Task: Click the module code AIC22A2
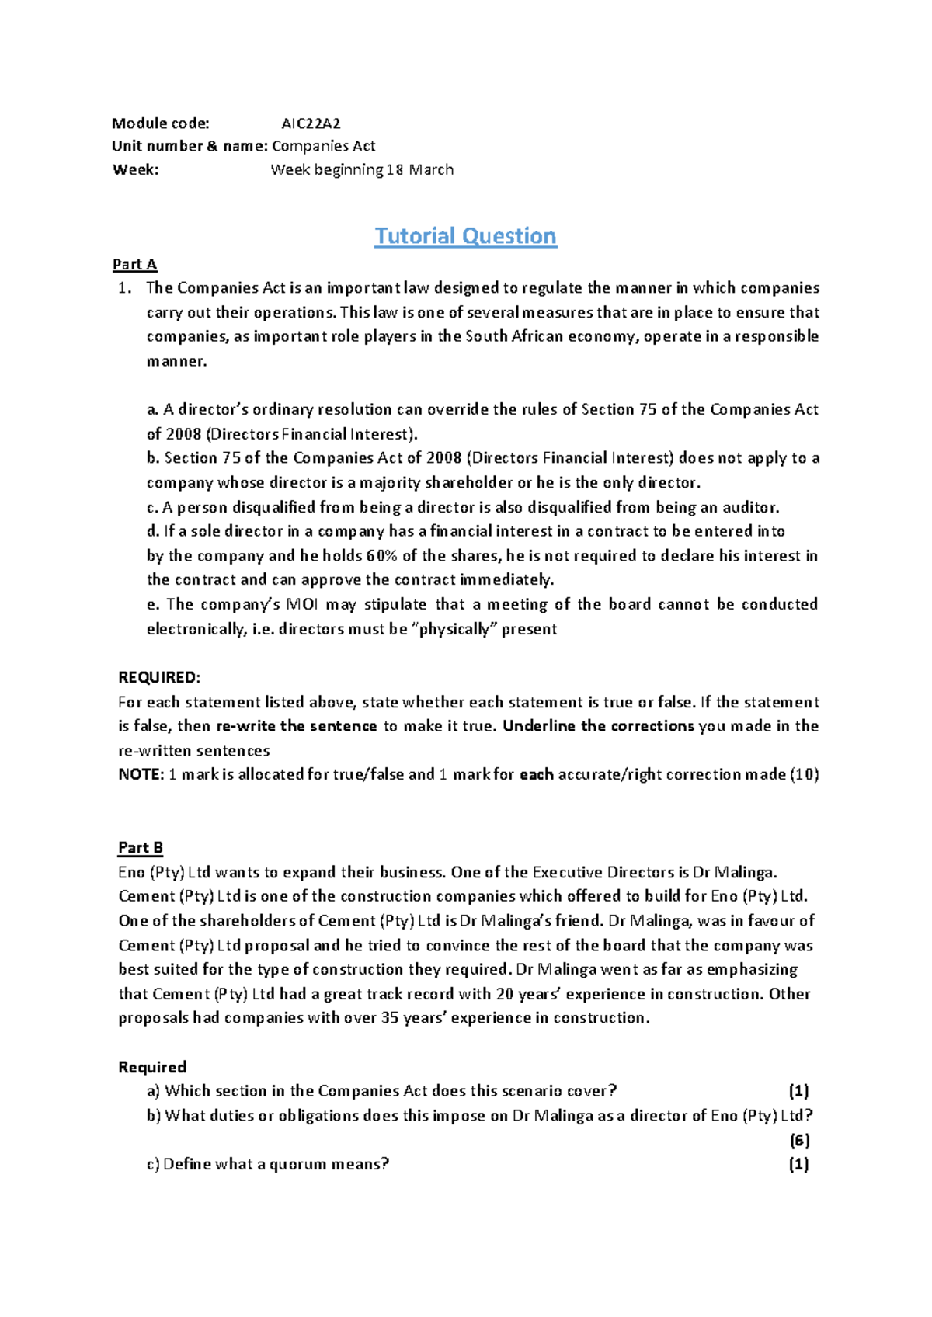(x=311, y=123)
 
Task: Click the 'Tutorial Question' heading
(x=465, y=235)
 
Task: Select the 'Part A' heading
(x=134, y=264)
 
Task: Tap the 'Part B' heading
(x=141, y=847)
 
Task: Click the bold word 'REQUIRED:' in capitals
(x=159, y=676)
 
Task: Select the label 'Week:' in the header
(x=135, y=169)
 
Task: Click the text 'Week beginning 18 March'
(x=362, y=169)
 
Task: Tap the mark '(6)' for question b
(x=799, y=1140)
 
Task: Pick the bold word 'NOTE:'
(x=141, y=774)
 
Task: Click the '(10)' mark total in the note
(x=804, y=774)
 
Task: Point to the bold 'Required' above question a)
(x=152, y=1067)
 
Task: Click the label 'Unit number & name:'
(x=190, y=146)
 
